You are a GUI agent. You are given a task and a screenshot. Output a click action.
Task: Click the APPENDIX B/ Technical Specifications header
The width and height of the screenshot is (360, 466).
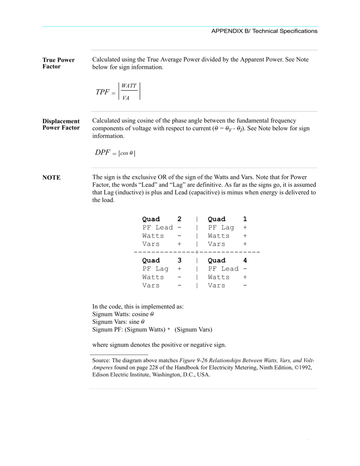(x=264, y=31)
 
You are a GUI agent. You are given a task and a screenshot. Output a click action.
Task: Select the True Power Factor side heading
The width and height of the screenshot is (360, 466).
(x=58, y=63)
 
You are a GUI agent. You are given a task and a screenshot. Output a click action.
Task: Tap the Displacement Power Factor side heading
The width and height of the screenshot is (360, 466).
(x=61, y=124)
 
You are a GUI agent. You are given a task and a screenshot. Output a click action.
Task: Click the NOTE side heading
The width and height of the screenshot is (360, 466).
(x=51, y=178)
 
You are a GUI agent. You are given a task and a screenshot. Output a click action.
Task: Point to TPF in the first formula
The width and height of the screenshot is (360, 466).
(x=102, y=92)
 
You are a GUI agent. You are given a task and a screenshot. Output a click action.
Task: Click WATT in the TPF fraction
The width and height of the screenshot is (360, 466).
(x=129, y=86)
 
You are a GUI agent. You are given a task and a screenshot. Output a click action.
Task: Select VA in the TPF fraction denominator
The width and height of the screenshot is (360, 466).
(x=126, y=98)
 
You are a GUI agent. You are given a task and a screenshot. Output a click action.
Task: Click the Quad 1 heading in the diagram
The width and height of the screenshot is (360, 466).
(x=227, y=219)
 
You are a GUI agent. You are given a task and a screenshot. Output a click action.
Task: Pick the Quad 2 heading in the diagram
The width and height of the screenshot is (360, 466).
(x=162, y=219)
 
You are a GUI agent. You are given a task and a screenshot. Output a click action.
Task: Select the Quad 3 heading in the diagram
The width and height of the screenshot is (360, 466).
(x=162, y=261)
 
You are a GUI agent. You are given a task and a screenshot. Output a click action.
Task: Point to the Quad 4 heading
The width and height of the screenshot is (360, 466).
(x=227, y=261)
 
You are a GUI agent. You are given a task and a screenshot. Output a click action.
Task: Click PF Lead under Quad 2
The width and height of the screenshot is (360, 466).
(x=157, y=227)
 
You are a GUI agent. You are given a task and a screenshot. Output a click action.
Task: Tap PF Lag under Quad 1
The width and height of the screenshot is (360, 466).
(x=221, y=227)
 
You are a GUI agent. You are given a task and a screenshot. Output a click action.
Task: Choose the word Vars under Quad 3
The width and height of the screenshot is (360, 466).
(x=151, y=286)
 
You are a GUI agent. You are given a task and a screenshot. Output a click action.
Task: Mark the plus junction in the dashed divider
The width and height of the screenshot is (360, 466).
(x=196, y=252)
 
